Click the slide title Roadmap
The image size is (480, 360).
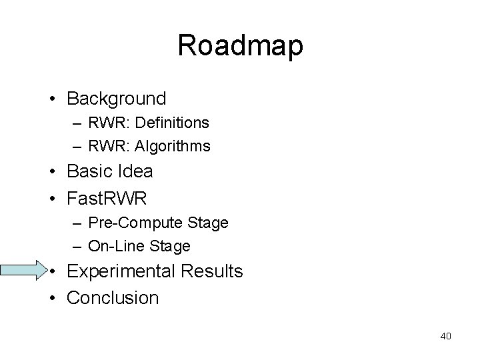240,45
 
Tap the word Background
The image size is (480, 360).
117,99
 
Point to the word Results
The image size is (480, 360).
211,272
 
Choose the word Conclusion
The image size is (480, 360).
113,297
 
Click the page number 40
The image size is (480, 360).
446,336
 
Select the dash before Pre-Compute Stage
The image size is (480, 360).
78,222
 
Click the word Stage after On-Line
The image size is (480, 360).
172,246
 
